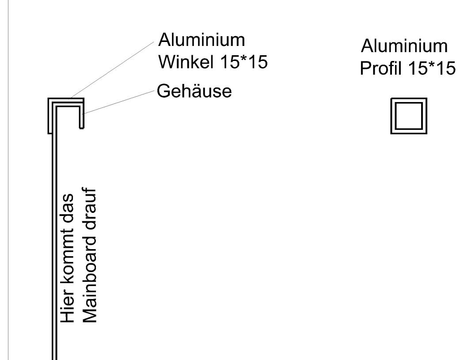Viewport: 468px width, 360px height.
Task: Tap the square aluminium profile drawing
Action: tap(409, 116)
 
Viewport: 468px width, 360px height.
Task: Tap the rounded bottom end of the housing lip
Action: tap(82, 127)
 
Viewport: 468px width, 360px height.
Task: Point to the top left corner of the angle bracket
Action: tap(49, 98)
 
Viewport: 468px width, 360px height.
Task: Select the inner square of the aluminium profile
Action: tap(409, 116)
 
